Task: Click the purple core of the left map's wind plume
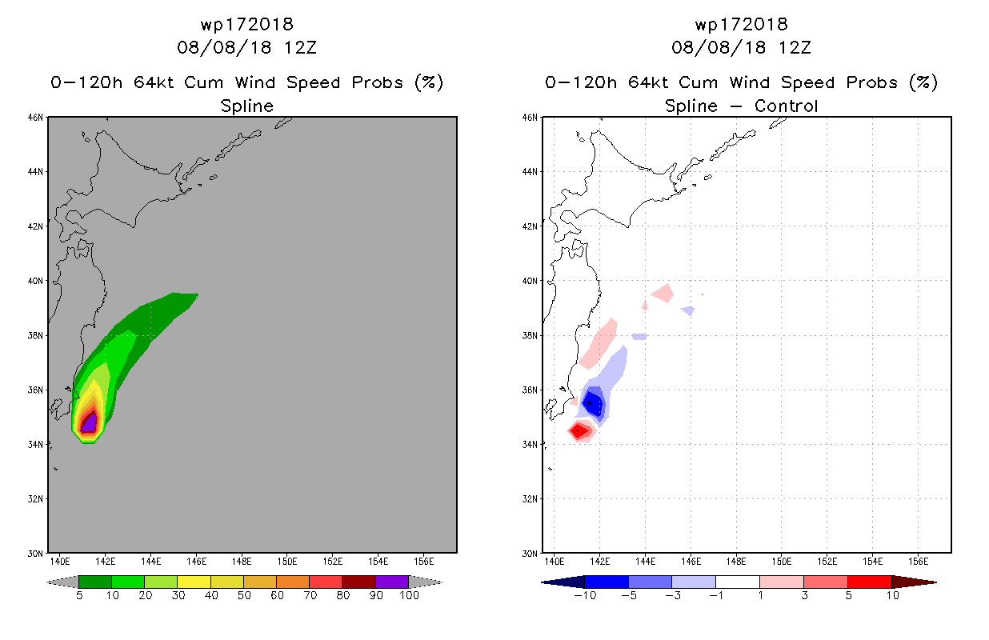90,423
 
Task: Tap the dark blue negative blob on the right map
592,402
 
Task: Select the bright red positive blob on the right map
579,430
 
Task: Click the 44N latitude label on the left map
35,172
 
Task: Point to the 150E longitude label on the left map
287,562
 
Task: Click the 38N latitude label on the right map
530,335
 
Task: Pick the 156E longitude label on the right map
919,562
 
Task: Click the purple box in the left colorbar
392,582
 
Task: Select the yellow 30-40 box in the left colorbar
194,582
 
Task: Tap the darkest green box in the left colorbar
95,582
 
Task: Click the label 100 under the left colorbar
409,595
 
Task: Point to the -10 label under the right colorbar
585,595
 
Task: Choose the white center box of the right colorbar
738,582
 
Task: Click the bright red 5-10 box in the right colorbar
870,582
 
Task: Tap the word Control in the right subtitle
786,106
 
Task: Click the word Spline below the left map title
246,106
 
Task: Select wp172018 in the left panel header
246,25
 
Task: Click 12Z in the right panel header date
795,47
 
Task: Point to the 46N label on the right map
530,118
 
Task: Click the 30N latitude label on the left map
35,554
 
